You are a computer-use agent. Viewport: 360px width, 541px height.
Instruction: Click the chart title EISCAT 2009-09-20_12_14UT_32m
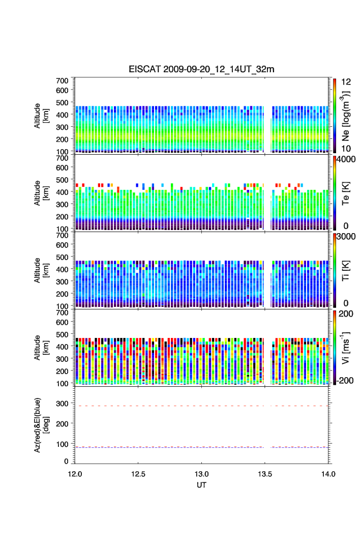tap(202, 70)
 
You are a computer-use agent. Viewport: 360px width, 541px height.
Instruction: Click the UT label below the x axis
tap(202, 485)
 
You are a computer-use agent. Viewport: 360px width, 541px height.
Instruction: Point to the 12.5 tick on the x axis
tap(138, 473)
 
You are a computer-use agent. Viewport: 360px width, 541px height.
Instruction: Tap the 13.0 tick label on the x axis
tap(202, 473)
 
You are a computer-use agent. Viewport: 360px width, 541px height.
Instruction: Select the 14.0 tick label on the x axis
tap(328, 473)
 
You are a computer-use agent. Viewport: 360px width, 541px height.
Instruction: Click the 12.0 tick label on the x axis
tap(75, 473)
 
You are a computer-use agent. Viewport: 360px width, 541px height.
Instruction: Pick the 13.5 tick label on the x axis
tap(265, 473)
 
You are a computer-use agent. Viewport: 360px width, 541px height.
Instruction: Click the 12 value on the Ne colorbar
tap(341, 81)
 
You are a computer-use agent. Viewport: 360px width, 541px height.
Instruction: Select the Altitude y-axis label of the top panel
tap(41, 115)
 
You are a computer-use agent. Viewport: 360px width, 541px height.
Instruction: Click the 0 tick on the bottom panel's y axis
tap(67, 461)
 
